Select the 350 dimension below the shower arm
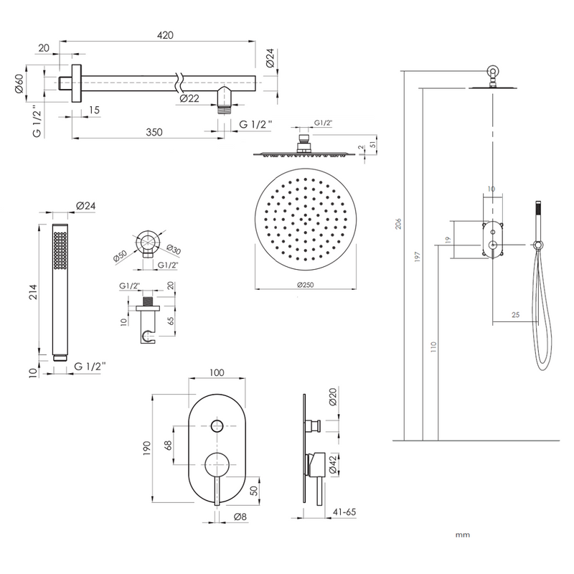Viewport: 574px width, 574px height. point(154,132)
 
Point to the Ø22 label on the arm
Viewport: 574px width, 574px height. point(189,98)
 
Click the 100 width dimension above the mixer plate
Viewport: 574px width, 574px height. point(217,372)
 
